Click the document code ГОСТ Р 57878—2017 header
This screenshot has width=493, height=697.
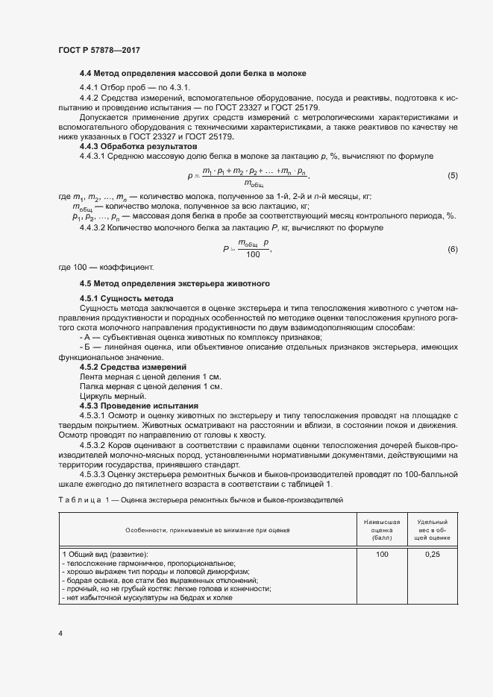(98, 50)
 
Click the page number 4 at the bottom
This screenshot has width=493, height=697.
(60, 633)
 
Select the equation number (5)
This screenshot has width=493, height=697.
(452, 175)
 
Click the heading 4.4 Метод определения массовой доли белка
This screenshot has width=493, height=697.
(193, 73)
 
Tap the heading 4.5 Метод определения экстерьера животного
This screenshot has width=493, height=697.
(175, 284)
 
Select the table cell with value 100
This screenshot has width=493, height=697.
(383, 555)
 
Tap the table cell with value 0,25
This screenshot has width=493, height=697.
(433, 555)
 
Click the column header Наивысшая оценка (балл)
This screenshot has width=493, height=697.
(383, 529)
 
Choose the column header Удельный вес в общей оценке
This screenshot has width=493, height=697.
(433, 529)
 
